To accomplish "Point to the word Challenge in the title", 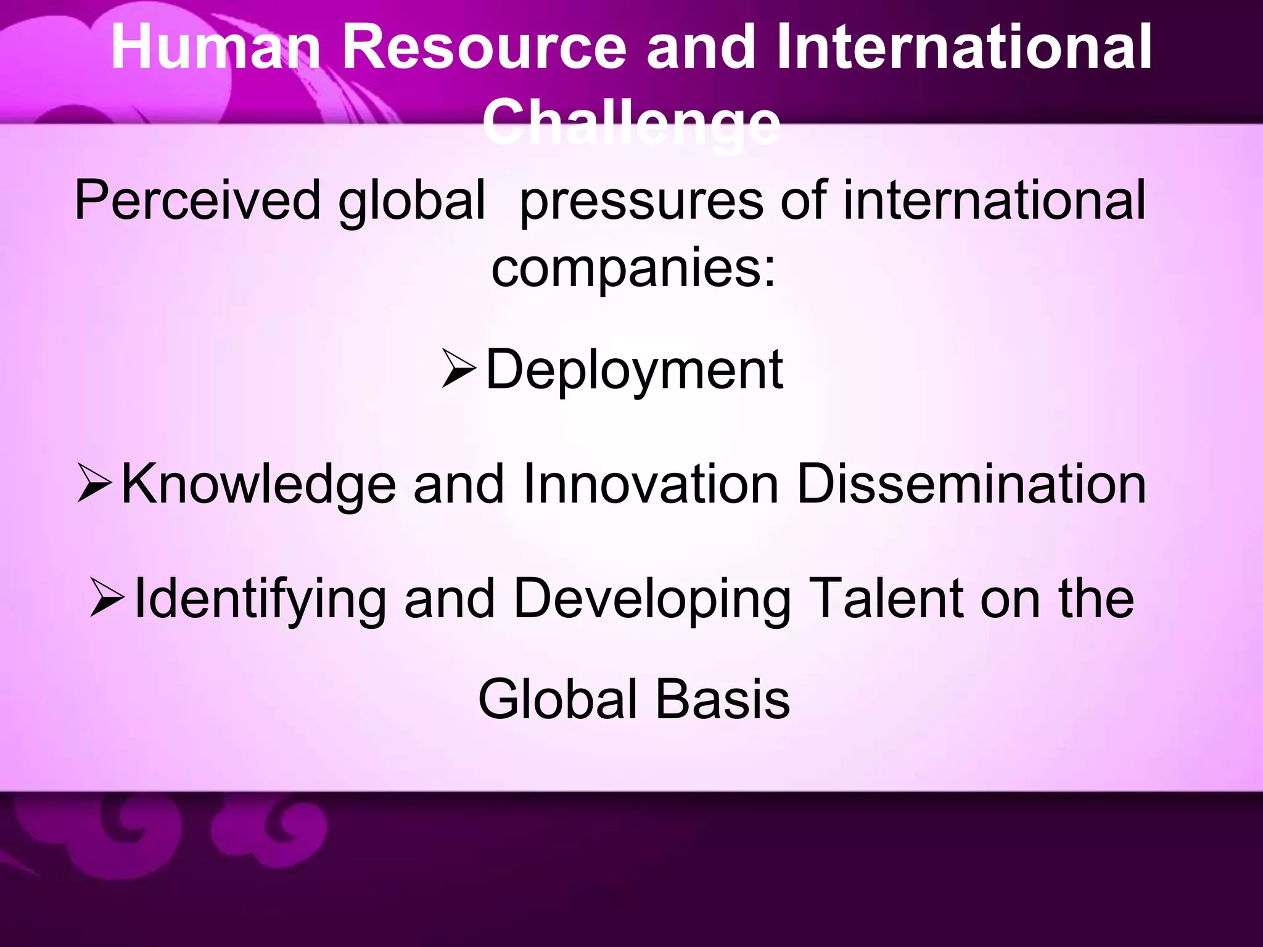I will pos(631,123).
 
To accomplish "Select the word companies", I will pos(633,269).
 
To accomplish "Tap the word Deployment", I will pos(634,370).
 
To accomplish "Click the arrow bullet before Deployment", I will pos(459,368).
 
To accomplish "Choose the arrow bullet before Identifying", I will pos(107,597).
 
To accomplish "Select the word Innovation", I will pos(650,484).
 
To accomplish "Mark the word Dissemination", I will pos(971,484).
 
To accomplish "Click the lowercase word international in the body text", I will pos(994,200).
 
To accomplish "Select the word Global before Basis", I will pos(557,700).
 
